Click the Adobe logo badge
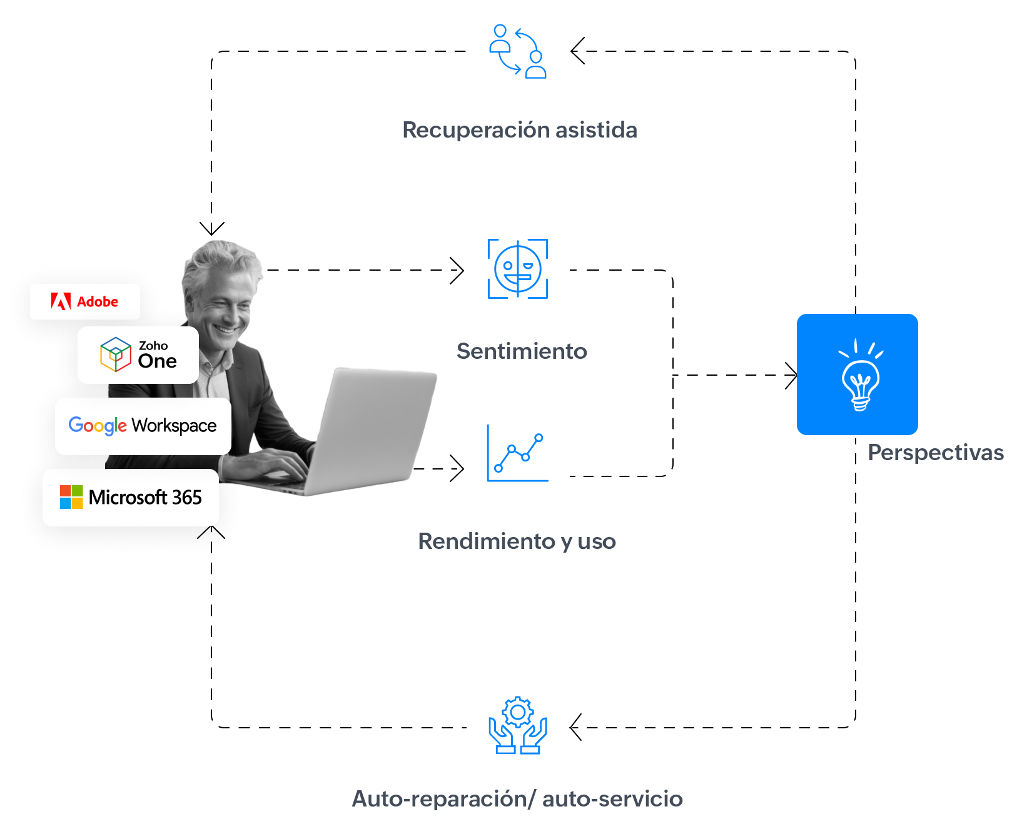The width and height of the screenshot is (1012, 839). pos(85,302)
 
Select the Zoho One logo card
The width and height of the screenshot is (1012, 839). pos(138,355)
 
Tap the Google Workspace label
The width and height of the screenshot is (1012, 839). pos(143,426)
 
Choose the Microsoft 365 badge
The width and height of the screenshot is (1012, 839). pos(131,498)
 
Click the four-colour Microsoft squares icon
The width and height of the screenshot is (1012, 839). pos(71,497)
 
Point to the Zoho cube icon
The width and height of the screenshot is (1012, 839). pos(116,354)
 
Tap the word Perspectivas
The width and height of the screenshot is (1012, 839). pos(935,453)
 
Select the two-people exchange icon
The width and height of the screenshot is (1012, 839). pos(518,51)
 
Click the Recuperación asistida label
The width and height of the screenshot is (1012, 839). pos(520,130)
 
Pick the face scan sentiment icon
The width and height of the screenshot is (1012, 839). pos(518,268)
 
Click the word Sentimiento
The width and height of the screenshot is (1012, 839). pos(522,351)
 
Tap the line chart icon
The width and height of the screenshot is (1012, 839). pos(518,452)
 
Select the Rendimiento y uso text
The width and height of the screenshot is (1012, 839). pos(517,541)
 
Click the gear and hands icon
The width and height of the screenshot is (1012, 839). pos(518,725)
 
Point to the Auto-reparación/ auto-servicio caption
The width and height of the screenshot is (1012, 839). pos(517,799)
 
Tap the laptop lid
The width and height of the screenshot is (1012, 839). pos(375,425)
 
